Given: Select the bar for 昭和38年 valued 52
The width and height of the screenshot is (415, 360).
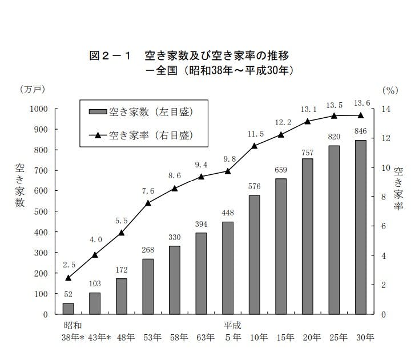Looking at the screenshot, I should click(x=69, y=309).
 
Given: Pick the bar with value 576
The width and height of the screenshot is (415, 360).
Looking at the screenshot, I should click(x=254, y=254).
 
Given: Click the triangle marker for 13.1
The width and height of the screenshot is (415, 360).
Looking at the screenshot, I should click(x=307, y=121).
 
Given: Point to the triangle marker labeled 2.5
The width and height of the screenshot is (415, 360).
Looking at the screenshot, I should click(x=69, y=278).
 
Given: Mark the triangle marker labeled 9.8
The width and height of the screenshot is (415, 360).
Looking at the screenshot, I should click(x=228, y=171).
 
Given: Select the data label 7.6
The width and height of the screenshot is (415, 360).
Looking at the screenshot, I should click(x=148, y=191).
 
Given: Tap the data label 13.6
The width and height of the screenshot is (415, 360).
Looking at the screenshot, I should click(x=361, y=103).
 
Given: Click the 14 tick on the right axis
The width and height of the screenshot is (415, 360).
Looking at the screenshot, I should click(x=385, y=109).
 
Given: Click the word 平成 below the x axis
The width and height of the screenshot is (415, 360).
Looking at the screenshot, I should click(x=232, y=325).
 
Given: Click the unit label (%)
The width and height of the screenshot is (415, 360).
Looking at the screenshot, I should click(x=389, y=89).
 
